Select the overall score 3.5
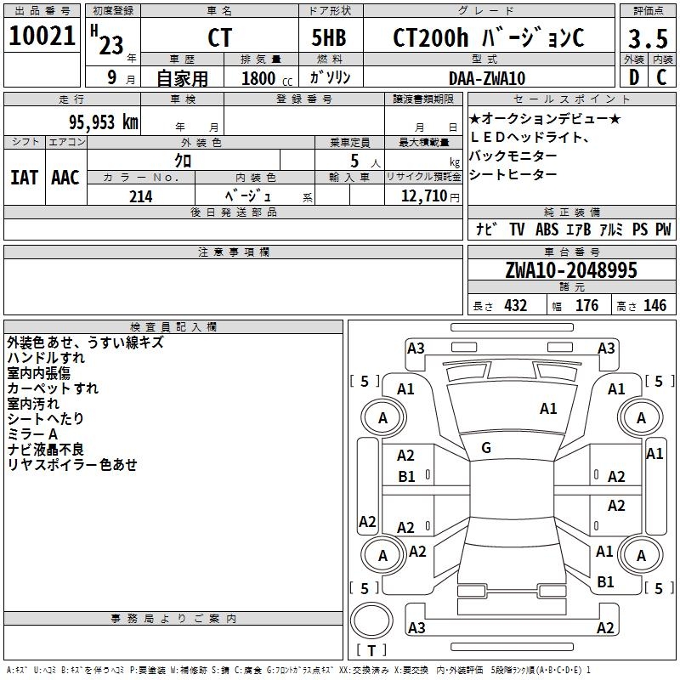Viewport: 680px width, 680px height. click(647, 38)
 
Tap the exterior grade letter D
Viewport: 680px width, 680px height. click(633, 77)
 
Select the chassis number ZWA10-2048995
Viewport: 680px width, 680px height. click(571, 270)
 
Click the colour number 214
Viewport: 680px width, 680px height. click(140, 196)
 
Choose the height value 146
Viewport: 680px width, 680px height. click(654, 306)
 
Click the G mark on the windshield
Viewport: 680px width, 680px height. click(486, 448)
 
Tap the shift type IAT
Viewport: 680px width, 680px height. click(23, 178)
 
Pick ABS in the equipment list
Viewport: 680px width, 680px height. click(547, 229)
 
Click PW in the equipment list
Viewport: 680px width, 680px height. click(662, 229)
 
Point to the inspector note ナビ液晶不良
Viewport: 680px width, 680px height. click(46, 450)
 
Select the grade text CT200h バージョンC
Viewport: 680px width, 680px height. click(488, 38)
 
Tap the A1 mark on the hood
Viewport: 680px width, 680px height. click(548, 409)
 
